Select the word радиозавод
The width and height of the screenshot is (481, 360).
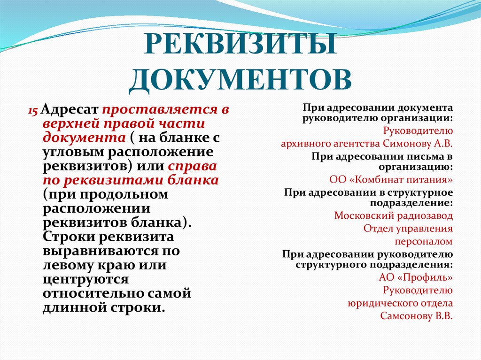coord(425,216)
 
